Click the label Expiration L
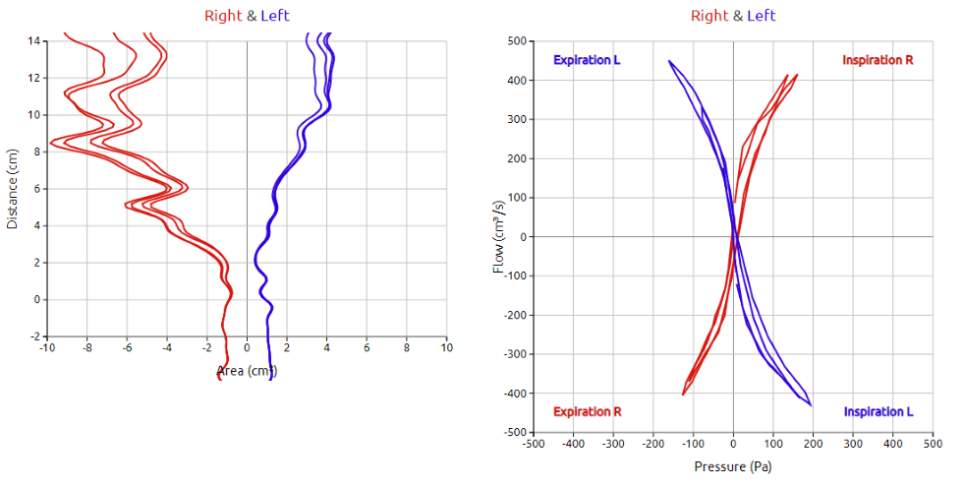(x=587, y=60)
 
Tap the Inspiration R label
(x=878, y=60)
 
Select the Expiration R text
(x=587, y=411)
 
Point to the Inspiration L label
(x=878, y=411)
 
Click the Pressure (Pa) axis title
(x=733, y=465)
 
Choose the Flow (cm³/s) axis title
(x=499, y=236)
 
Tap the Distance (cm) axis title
(x=13, y=189)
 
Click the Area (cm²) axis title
(x=247, y=371)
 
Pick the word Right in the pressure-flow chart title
(x=709, y=16)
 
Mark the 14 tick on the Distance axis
(x=33, y=41)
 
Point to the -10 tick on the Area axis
(x=46, y=347)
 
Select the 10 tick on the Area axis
(x=446, y=347)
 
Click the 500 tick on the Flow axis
(x=516, y=41)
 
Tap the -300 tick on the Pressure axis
(x=613, y=444)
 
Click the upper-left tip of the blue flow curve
(x=669, y=61)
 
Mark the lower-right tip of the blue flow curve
(x=811, y=404)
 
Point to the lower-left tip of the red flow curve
(x=683, y=395)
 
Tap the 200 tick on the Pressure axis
(x=814, y=444)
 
